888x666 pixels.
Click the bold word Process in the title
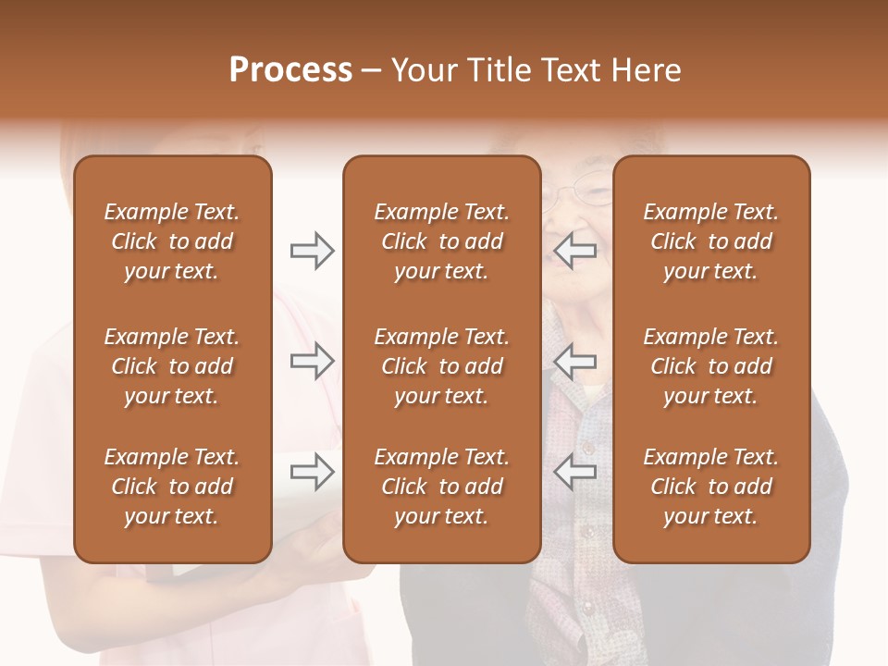click(x=290, y=70)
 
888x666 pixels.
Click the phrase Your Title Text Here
click(x=536, y=70)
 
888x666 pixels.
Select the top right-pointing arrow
click(x=312, y=251)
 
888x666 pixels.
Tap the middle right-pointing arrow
click(x=312, y=362)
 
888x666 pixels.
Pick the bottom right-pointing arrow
click(x=312, y=473)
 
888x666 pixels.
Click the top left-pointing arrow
click(x=574, y=251)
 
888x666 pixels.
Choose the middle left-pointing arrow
click(x=574, y=362)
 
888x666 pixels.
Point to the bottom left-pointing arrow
click(x=574, y=473)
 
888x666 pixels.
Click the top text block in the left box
click(x=172, y=241)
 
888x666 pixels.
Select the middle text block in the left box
click(x=172, y=366)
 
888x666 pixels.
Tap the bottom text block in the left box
click(x=172, y=487)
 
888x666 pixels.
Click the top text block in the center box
click(x=441, y=241)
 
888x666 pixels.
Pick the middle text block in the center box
click(x=441, y=366)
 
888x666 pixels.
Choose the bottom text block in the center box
click(x=441, y=487)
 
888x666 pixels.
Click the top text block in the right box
click(x=710, y=241)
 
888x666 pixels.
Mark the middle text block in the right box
click(x=710, y=366)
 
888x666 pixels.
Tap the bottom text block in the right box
click(x=710, y=487)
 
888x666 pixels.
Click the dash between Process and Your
click(x=371, y=71)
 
